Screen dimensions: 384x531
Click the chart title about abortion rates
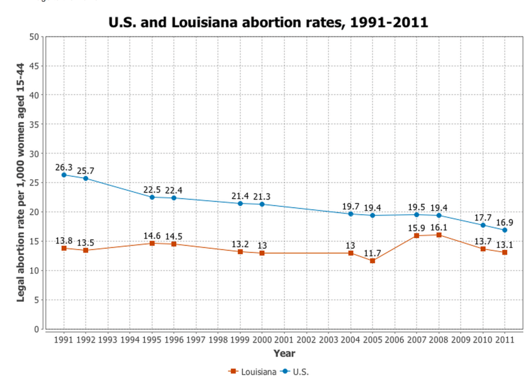(x=268, y=22)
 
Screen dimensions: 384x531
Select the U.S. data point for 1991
(x=64, y=175)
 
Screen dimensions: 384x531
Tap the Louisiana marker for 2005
(x=372, y=261)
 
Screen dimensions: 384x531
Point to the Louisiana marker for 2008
(x=439, y=235)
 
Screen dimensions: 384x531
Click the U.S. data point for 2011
(x=505, y=230)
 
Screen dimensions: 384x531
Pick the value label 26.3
(x=64, y=167)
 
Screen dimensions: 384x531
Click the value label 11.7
(x=372, y=253)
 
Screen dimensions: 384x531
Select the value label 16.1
(x=439, y=227)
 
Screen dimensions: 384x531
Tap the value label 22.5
(x=152, y=189)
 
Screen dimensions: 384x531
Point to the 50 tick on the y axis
(x=35, y=37)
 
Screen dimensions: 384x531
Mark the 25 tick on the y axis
(x=35, y=183)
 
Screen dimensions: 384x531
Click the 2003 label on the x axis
(x=328, y=340)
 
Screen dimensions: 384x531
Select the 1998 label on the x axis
(x=218, y=340)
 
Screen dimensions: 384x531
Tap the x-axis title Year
(x=284, y=353)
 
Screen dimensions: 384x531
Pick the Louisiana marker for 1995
(x=152, y=243)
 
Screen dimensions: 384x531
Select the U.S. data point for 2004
(x=351, y=214)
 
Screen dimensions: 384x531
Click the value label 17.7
(x=483, y=217)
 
